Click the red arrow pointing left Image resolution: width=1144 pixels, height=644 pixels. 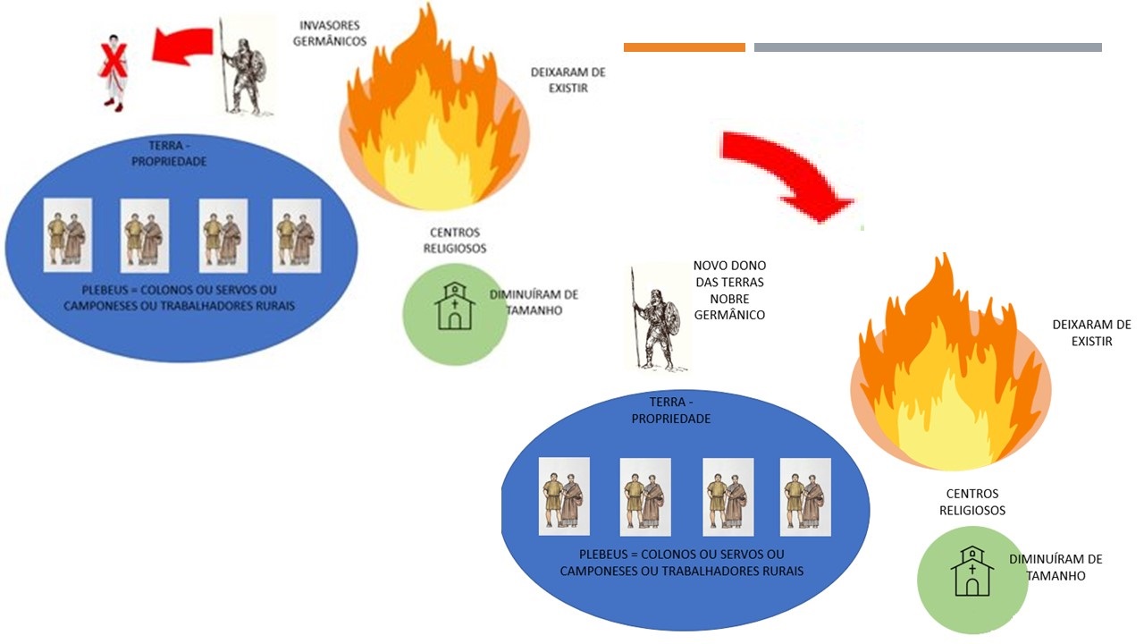tap(184, 45)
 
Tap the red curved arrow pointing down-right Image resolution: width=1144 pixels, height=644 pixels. tap(786, 170)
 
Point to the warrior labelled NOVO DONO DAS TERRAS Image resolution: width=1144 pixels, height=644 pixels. tap(656, 318)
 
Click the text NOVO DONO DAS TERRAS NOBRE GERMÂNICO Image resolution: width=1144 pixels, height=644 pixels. tap(729, 291)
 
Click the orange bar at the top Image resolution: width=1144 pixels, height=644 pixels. tap(685, 47)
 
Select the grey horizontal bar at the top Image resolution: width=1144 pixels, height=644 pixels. tap(928, 47)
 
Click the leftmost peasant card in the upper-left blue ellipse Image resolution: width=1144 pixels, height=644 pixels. tap(68, 234)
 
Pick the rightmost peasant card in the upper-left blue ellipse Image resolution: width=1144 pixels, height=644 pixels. tap(297, 234)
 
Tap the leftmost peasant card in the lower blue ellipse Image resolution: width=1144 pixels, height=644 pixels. tap(564, 496)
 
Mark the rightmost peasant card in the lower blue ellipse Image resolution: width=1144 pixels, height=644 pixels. tap(805, 496)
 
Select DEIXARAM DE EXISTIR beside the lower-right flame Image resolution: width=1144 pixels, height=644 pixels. tap(1091, 333)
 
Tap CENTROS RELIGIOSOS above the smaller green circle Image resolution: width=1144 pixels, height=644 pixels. tap(455, 241)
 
